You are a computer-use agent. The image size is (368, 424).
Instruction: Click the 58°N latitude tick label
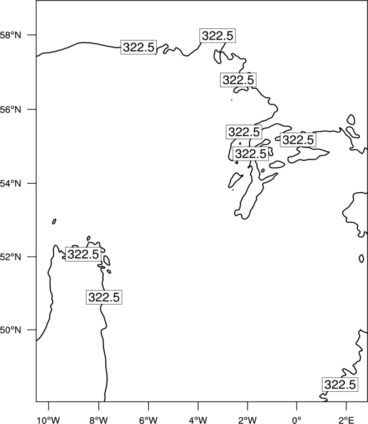10,35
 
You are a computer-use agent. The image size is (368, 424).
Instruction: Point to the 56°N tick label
10,110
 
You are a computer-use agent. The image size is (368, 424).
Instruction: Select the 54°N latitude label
10,183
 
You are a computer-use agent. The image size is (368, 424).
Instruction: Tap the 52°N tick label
10,257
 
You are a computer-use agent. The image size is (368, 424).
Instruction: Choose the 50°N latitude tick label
10,330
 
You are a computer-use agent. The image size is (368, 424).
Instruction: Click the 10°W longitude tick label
49,420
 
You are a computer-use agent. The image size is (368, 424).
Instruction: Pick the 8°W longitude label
99,420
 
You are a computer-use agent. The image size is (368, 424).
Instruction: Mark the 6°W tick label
148,420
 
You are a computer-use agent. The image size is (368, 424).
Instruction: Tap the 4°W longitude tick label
198,420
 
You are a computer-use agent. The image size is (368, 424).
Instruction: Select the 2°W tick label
247,420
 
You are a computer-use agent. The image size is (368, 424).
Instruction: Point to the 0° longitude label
297,420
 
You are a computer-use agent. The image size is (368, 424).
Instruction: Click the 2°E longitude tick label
346,420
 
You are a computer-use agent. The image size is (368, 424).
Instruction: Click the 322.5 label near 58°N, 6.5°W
138,47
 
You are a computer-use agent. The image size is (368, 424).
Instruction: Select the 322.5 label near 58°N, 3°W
217,36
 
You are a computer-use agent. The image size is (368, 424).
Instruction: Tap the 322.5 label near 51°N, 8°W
104,297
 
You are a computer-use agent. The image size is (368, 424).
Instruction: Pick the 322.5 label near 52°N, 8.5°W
83,254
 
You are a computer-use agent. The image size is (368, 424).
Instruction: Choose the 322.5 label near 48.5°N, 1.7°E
340,384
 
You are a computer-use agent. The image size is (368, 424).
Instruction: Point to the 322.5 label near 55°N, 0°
298,140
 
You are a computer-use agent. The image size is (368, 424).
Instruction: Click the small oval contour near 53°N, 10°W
54,222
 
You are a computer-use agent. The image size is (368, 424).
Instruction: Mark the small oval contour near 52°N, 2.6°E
361,258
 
